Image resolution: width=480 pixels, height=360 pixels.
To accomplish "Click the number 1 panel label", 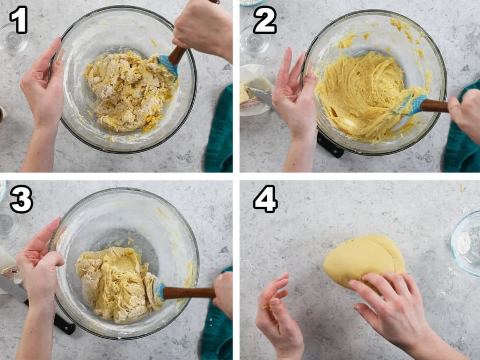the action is (x=19, y=20).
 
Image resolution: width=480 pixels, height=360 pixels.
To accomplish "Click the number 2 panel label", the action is (x=265, y=20).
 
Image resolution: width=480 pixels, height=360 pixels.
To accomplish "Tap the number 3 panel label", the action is (x=21, y=199).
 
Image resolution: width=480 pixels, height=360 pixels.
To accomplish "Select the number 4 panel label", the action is (x=265, y=199).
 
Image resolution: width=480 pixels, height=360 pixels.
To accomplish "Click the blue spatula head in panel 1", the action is (x=169, y=64).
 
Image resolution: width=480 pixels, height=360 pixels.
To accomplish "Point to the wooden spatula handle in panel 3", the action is (x=188, y=293).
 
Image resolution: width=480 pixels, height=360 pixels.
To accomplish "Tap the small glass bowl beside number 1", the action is (x=13, y=39).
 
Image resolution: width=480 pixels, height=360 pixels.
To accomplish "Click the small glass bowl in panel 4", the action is (x=466, y=243).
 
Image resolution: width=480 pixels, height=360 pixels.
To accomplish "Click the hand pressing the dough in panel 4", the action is (x=395, y=306).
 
